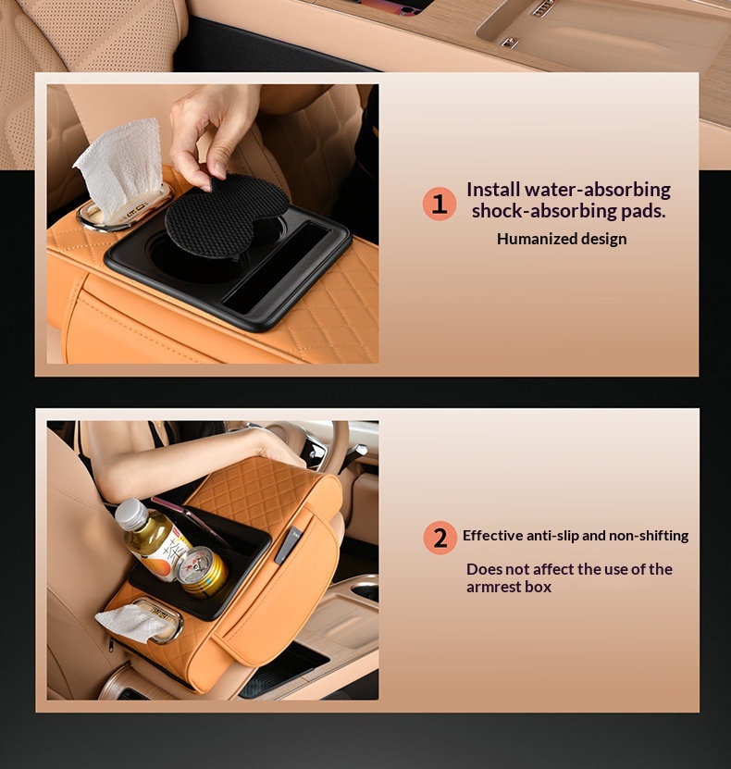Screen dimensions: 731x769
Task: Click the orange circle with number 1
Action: pos(440,204)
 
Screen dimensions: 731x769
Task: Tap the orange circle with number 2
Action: pos(440,538)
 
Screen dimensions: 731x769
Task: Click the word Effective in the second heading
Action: pos(491,535)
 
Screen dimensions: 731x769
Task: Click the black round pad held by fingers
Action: pos(227,216)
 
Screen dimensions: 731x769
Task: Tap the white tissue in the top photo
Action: pos(120,167)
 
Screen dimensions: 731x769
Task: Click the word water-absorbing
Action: pos(598,190)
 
